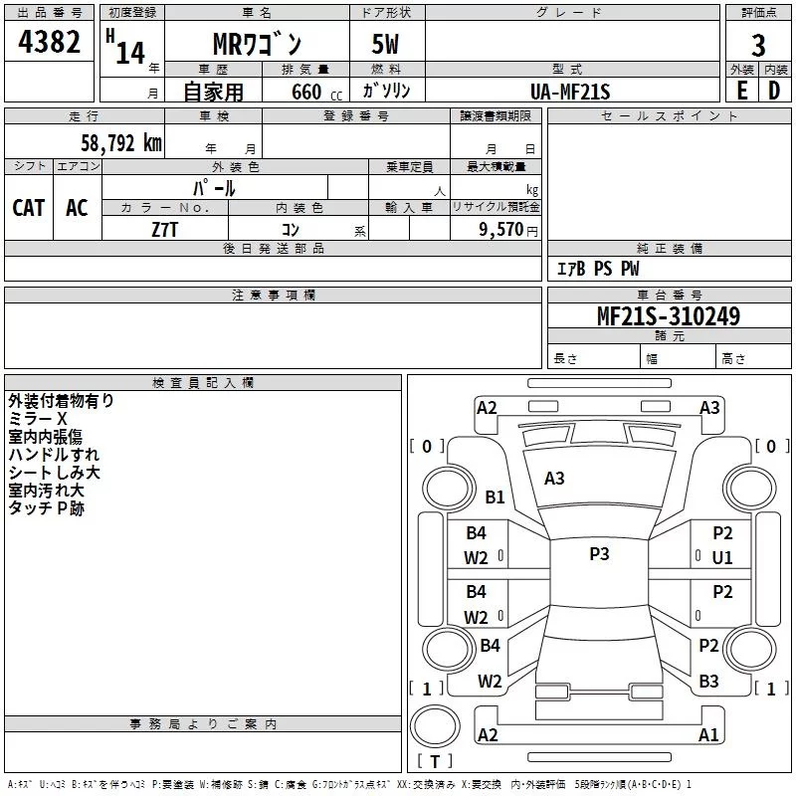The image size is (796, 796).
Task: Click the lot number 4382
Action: [x=50, y=44]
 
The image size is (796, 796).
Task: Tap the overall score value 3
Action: [x=758, y=45]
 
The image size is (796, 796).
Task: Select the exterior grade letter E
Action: [x=741, y=91]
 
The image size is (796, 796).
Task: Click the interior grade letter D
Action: [x=774, y=91]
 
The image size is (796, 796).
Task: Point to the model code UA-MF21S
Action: [x=570, y=92]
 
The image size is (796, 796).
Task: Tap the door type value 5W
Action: [x=387, y=46]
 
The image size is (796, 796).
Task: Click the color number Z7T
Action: [x=165, y=228]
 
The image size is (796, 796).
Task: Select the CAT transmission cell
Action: [x=29, y=208]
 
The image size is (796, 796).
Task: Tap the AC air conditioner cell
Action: [x=77, y=208]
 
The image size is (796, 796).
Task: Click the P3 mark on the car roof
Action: [x=599, y=554]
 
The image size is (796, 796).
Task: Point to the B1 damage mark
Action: [x=495, y=497]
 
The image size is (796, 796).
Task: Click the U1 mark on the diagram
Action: [x=722, y=558]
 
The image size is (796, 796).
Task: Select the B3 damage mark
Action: [x=708, y=682]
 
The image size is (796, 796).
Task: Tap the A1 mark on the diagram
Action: [x=708, y=735]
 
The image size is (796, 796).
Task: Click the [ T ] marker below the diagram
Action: [x=435, y=761]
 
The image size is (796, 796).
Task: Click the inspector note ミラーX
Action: [x=38, y=419]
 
